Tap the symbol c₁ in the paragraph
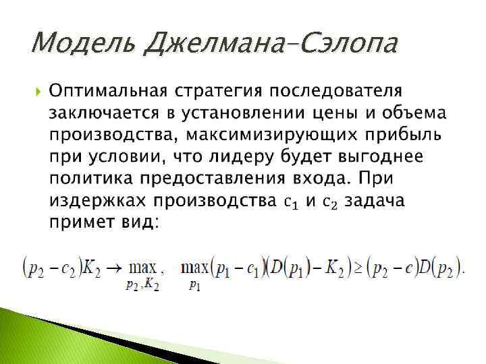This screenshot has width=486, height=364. (x=291, y=202)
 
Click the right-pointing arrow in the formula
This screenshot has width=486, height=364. (x=116, y=268)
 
